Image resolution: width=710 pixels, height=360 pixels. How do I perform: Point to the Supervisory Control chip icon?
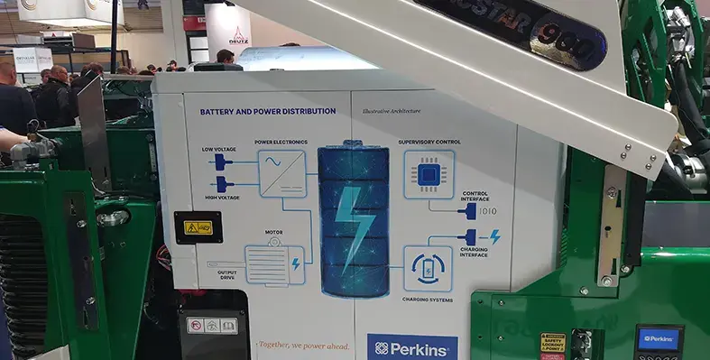click(429, 174)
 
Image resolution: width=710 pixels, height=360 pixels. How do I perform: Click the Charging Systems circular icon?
click(428, 268)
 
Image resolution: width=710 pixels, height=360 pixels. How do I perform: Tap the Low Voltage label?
click(220, 148)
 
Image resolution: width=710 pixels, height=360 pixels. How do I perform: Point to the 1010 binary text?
click(486, 211)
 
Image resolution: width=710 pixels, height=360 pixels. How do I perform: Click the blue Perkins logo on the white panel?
click(412, 347)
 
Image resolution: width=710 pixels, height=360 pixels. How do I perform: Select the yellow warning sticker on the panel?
click(198, 227)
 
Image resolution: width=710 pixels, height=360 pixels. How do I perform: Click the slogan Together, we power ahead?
click(301, 344)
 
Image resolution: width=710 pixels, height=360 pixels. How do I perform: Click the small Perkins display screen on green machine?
click(658, 340)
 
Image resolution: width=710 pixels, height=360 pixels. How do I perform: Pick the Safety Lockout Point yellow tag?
click(553, 344)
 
